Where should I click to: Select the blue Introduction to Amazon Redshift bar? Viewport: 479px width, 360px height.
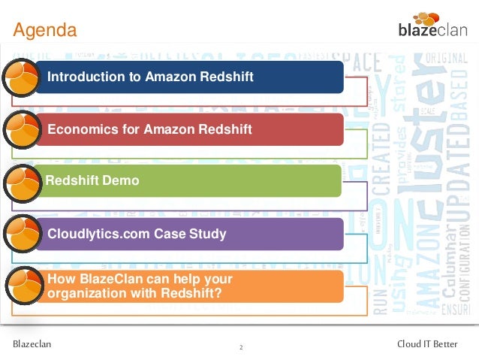[188, 77]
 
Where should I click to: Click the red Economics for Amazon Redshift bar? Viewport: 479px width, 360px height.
[188, 129]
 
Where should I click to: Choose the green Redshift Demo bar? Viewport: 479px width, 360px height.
[188, 181]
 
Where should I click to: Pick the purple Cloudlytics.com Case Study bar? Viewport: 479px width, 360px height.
[188, 234]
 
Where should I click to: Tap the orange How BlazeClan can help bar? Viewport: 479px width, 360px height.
[188, 286]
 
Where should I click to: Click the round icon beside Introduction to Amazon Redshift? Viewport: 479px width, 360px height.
[21, 77]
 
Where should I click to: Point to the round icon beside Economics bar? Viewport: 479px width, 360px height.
[21, 129]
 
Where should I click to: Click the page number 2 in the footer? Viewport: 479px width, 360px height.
[240, 347]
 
